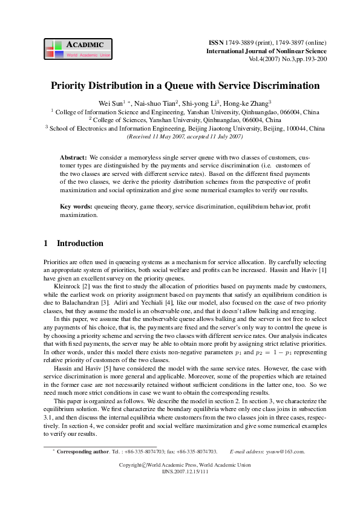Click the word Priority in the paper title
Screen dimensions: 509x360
[x=71, y=86]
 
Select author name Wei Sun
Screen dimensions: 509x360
[x=111, y=103]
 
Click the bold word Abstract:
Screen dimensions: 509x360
[x=74, y=157]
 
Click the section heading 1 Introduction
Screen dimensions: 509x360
[x=74, y=244]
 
